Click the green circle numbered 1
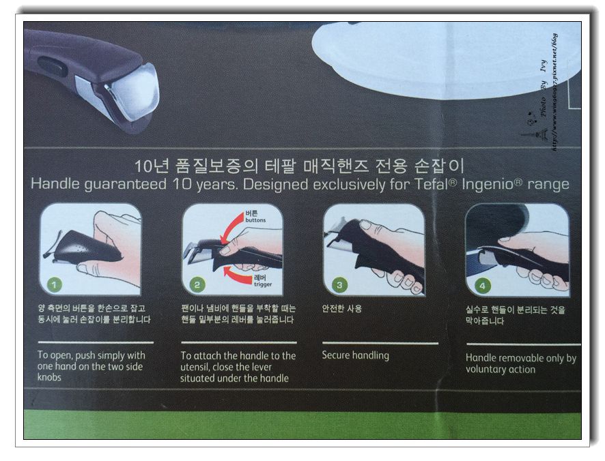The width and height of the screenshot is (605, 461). click(x=54, y=285)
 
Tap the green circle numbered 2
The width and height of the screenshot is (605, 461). click(x=197, y=285)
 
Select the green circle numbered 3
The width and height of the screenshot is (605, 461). click(x=339, y=285)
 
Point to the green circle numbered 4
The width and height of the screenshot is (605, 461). click(x=482, y=286)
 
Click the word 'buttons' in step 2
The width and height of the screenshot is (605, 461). click(x=255, y=220)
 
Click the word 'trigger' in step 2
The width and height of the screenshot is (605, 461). click(x=263, y=284)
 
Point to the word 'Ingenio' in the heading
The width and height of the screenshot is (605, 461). click(x=488, y=184)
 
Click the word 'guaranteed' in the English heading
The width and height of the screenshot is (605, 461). click(x=126, y=184)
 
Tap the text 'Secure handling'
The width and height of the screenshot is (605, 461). click(x=355, y=355)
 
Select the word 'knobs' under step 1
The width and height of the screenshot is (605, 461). click(x=49, y=377)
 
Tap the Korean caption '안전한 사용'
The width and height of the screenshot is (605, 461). click(x=342, y=309)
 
